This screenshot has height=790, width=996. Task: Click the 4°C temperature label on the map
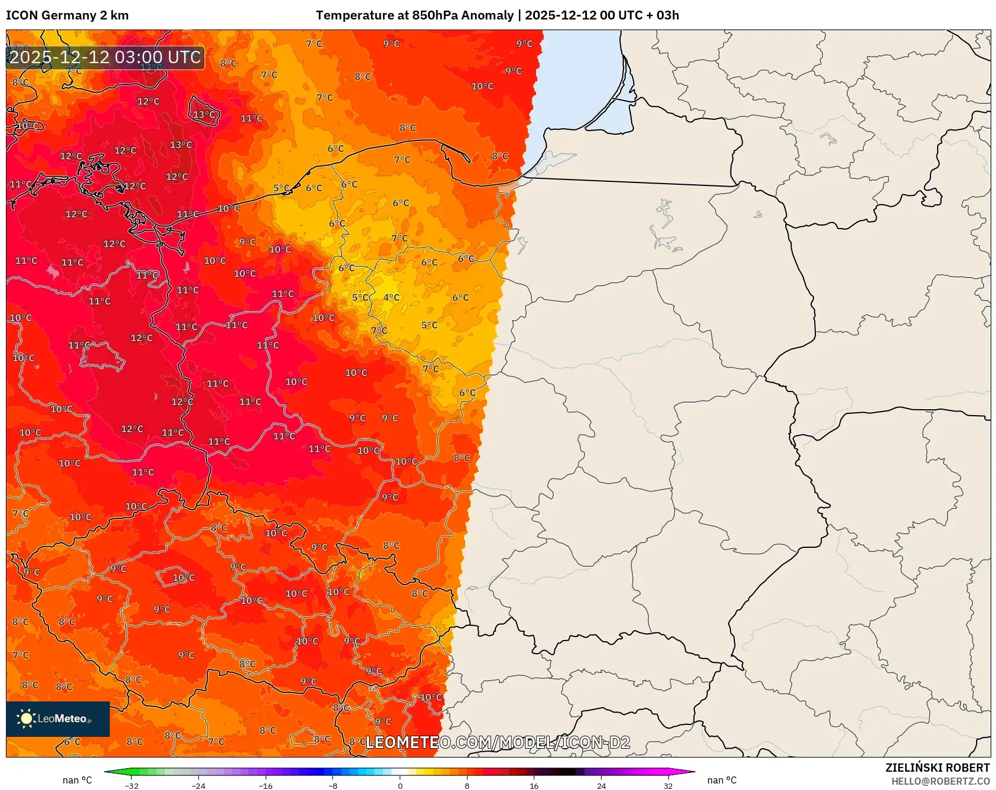(x=391, y=298)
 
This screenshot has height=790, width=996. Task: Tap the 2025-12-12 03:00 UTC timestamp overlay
(x=105, y=57)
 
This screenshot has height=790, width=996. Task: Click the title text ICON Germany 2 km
(x=67, y=15)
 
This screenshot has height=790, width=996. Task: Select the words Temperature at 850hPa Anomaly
(x=414, y=15)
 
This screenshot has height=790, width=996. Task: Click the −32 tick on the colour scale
(x=132, y=785)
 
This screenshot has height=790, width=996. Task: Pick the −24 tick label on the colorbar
(x=198, y=785)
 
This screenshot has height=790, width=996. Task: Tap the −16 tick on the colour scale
(x=266, y=785)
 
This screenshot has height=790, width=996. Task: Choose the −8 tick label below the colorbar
(x=333, y=785)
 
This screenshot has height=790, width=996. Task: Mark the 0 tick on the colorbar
(x=400, y=785)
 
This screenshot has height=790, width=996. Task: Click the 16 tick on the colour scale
(x=534, y=785)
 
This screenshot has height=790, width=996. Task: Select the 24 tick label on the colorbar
(x=601, y=785)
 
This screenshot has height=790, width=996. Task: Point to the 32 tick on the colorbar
(x=668, y=785)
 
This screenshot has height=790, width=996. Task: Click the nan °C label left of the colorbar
(x=77, y=781)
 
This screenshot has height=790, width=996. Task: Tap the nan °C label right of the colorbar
(x=722, y=781)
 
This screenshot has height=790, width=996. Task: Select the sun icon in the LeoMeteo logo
(x=27, y=719)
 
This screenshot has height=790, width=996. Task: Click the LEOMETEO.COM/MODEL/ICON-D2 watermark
(x=498, y=743)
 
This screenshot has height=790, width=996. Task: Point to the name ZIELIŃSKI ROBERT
(x=937, y=768)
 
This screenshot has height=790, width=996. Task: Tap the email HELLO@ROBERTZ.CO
(x=940, y=781)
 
